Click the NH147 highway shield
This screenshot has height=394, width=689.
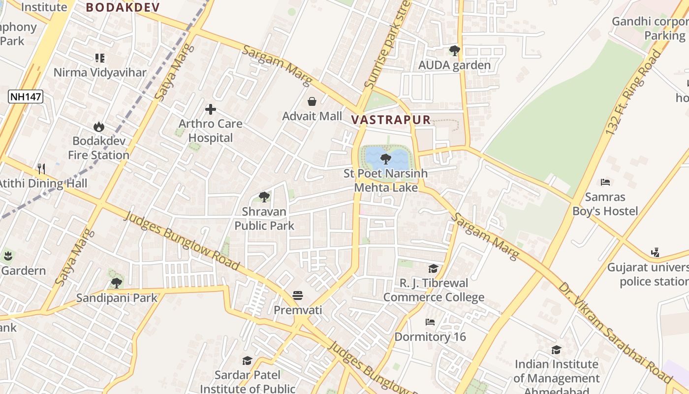click(x=26, y=97)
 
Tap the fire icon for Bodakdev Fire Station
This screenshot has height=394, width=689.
click(x=99, y=127)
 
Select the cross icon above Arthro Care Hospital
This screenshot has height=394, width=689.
click(x=211, y=109)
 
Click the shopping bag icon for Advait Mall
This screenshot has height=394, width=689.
click(x=312, y=102)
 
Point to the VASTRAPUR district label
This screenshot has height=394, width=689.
click(x=391, y=120)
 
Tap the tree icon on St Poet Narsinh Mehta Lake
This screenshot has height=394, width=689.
click(x=386, y=159)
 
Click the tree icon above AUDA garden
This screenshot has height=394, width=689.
click(x=454, y=50)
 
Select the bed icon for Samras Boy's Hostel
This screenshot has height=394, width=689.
click(x=605, y=182)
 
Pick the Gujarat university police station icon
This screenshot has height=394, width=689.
click(x=655, y=253)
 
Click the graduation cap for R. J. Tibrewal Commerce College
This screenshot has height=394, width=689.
click(x=433, y=268)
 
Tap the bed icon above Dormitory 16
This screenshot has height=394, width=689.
click(x=430, y=322)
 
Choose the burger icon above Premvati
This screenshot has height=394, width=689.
click(x=298, y=295)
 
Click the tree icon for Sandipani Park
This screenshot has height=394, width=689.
click(x=117, y=283)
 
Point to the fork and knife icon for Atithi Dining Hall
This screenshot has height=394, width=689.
click(x=41, y=169)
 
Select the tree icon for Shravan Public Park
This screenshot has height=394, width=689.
click(x=264, y=197)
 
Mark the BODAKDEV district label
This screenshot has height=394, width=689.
click(x=123, y=7)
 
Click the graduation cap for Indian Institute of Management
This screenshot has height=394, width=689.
click(x=556, y=350)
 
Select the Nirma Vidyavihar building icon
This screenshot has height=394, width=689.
click(x=100, y=58)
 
